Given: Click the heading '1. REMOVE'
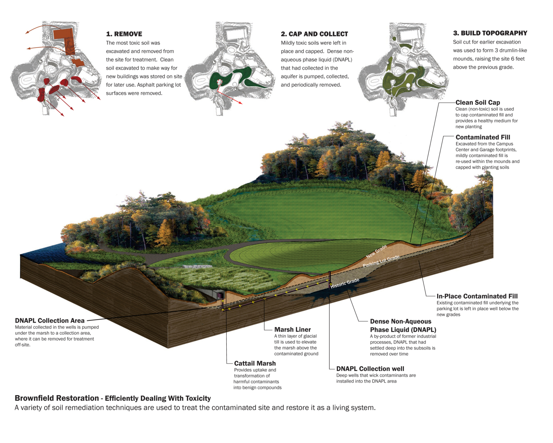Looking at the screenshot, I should pos(124,34).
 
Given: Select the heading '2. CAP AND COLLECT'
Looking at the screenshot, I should pos(314,34).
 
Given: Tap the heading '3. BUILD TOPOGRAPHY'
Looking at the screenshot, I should pos(490,33).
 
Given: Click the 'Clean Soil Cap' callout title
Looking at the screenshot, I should pos(478,102).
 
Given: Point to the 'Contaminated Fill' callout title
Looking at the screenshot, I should pos(483,137).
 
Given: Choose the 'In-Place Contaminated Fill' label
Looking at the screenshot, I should pos(477,296).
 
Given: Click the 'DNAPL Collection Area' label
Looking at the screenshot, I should pos(50,321).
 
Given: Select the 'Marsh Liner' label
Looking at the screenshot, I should pos(292,329).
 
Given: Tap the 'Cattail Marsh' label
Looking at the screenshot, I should pos(255,363).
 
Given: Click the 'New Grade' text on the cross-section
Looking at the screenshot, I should pos(376,251).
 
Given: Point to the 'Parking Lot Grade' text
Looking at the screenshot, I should pos(381,261).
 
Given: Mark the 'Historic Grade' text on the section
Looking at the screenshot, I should pos(345,283).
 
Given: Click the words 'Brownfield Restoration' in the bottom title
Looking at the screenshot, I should pos(57,398).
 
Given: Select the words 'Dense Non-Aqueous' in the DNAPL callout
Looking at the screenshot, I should pos(401,322).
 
